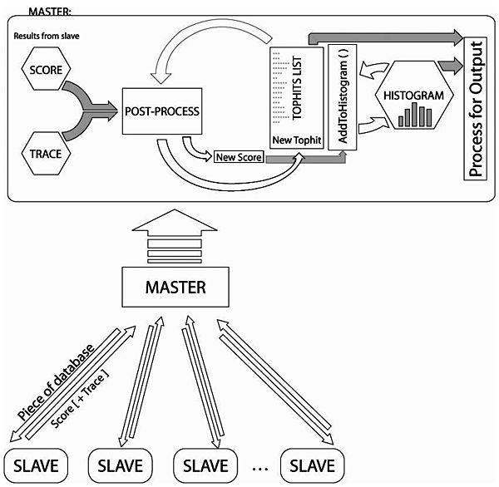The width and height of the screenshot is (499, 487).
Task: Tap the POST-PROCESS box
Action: pos(163,111)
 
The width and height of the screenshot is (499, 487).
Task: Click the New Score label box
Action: pos(237,155)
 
